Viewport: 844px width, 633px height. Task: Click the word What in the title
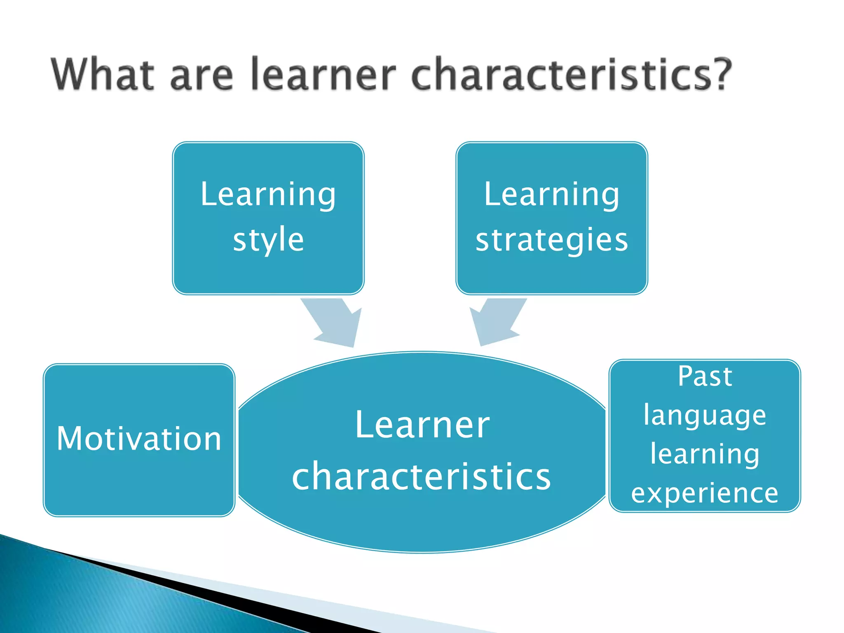point(102,74)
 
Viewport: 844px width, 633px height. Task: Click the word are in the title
point(202,76)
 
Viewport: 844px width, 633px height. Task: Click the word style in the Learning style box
point(268,240)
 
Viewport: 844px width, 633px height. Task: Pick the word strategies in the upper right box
point(552,240)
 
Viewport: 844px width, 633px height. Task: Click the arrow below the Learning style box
point(336,324)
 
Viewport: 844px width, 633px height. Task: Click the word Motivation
point(139,439)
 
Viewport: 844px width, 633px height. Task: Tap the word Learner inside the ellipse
point(422,425)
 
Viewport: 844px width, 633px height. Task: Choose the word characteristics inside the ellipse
point(421,477)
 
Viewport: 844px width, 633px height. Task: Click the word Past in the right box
point(705,377)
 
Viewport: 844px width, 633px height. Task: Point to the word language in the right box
point(705,415)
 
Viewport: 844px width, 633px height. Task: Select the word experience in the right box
point(705,493)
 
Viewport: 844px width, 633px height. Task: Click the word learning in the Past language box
point(705,454)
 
